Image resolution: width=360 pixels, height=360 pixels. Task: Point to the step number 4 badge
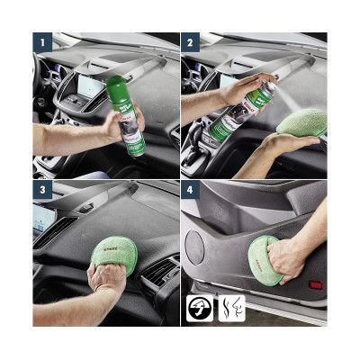(190, 190)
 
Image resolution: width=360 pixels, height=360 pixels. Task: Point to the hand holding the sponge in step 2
(288, 144)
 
